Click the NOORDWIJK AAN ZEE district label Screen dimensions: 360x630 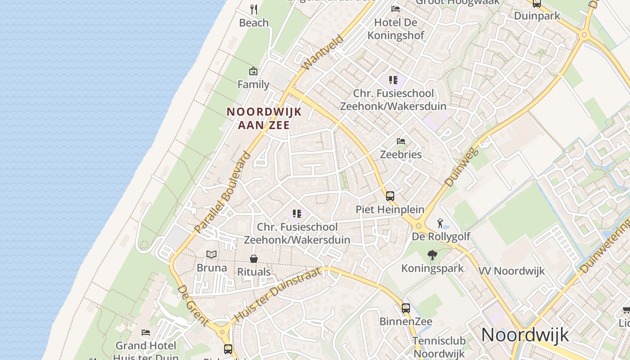coord(264,118)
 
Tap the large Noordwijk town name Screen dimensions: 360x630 coord(525,335)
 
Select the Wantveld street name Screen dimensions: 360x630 coord(322,53)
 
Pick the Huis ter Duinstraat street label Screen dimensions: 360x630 coord(278,294)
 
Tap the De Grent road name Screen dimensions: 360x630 coord(193,306)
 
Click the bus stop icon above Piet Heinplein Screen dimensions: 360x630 coord(390,196)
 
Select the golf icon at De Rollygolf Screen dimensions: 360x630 coord(441,223)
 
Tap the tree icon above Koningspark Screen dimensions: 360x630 coord(432,256)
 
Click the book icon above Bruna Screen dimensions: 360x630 coord(211,255)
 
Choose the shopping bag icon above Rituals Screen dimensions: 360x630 coord(254,259)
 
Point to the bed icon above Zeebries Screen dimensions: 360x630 coord(401,141)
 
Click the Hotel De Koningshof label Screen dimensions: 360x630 coord(396,29)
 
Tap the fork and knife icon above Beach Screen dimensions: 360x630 coord(254,9)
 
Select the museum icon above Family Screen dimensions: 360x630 coord(253,71)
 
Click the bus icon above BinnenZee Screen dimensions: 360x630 coord(406,308)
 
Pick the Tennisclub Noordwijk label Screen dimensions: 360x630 coord(439,347)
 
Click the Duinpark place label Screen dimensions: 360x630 coord(537,16)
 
